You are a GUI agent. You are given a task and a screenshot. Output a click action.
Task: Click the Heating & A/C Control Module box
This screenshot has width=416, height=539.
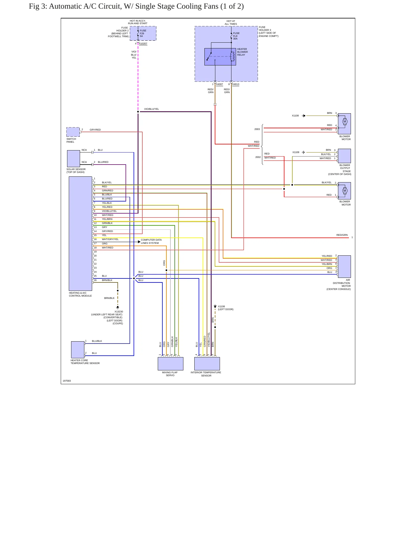point(80,233)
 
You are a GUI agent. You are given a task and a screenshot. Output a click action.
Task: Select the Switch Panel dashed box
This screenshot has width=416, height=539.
point(73,132)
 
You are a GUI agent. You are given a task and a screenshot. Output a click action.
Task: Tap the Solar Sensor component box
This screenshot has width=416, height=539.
point(73,159)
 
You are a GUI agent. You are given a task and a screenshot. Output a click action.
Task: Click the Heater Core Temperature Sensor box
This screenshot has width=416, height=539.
point(78,350)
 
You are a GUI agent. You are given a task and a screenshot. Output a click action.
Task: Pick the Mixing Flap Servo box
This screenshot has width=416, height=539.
point(170,364)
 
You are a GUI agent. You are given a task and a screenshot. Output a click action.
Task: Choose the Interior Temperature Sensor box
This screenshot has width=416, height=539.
point(207,364)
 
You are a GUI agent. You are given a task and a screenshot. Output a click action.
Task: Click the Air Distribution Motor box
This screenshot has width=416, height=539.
point(344,266)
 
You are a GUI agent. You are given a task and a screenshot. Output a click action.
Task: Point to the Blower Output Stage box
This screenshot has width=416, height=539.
point(344,156)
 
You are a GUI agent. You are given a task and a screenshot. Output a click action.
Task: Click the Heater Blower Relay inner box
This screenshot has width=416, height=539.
point(220,56)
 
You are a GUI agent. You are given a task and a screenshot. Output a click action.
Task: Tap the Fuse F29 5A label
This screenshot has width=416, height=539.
point(143,33)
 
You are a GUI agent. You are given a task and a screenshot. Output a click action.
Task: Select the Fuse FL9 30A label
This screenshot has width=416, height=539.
point(236,36)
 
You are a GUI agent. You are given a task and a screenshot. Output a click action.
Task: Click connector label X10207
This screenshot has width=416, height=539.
point(143,44)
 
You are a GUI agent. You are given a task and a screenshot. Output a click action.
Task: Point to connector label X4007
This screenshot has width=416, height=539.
point(219,84)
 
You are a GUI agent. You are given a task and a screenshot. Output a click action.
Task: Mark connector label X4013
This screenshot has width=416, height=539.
point(236,84)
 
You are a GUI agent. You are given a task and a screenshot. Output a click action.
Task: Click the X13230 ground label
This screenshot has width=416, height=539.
point(119,312)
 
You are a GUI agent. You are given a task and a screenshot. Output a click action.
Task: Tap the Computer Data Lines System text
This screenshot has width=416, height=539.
point(151,242)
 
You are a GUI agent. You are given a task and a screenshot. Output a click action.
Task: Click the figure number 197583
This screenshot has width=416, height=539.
point(67,381)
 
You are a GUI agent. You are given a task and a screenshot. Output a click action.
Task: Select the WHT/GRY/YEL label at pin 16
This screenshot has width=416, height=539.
point(110,239)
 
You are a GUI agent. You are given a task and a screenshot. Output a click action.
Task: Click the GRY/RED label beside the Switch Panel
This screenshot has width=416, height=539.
point(95,130)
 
